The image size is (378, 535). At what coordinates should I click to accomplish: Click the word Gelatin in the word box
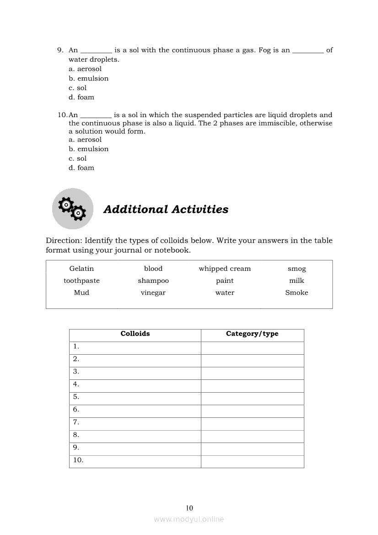81,269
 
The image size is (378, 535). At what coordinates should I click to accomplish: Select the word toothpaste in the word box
81,281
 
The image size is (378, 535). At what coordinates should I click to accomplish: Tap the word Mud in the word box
81,292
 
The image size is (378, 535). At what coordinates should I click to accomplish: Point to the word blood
153,269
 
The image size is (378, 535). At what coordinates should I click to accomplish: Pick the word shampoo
153,281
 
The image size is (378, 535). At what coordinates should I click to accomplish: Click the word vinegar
153,292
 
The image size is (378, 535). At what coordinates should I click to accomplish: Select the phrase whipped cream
225,269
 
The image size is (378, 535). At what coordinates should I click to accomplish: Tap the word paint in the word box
225,281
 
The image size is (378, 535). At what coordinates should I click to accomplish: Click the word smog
297,269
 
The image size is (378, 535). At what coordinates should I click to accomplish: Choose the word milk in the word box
297,281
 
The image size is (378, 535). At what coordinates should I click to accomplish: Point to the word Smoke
297,292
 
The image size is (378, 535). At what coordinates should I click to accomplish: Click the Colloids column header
135,334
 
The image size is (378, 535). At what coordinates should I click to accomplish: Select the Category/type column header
252,334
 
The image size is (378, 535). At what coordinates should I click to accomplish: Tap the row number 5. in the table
76,397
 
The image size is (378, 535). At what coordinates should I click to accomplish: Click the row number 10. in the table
78,460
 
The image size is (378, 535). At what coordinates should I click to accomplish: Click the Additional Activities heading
166,209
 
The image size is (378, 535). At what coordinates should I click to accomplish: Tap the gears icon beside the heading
72,209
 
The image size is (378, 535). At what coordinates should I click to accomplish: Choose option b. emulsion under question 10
89,149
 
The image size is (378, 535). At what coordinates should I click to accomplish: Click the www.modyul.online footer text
189,519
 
